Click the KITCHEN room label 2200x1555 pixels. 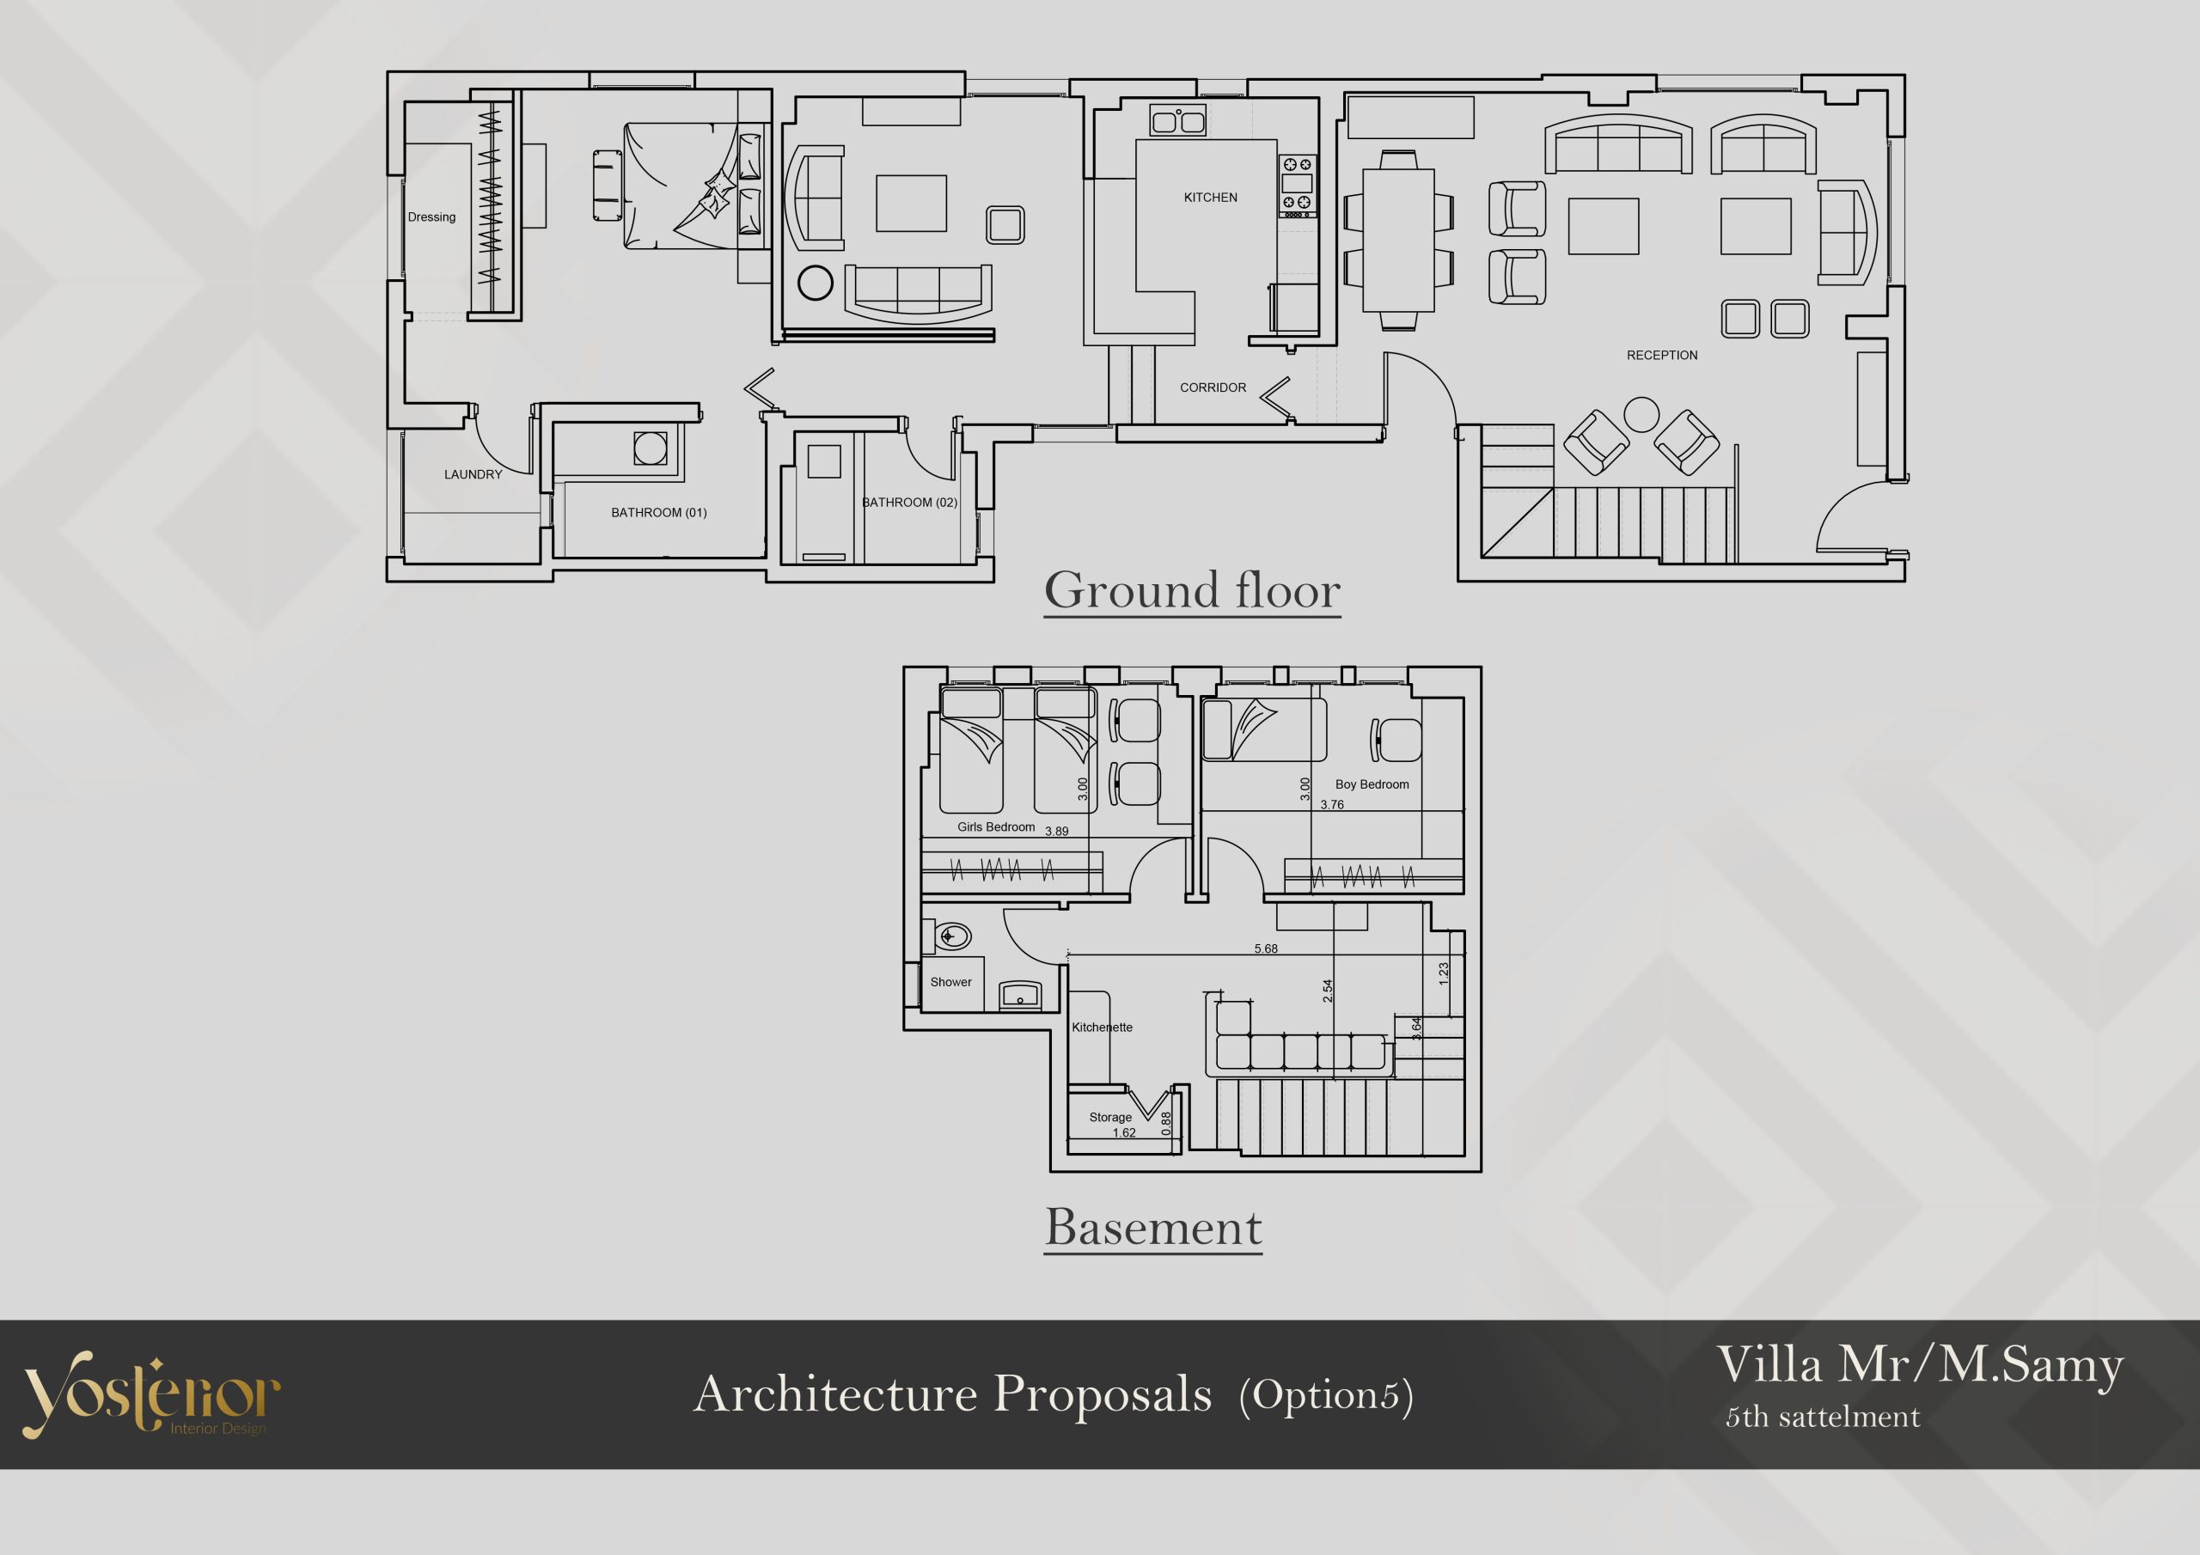click(1210, 198)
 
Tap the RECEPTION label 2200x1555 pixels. click(1661, 356)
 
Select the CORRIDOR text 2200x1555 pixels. click(1213, 388)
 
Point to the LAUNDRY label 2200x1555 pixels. click(473, 474)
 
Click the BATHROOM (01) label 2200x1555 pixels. click(659, 513)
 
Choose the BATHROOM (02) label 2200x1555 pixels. click(909, 502)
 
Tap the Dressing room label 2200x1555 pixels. click(431, 217)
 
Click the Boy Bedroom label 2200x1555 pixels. click(1372, 784)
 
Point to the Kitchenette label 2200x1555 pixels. click(1102, 1028)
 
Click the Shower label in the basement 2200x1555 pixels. click(950, 982)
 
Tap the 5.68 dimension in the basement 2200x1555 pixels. click(1266, 948)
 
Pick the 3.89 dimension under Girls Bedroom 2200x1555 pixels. click(1056, 831)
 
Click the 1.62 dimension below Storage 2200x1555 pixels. click(1124, 1132)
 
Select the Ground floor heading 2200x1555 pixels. click(1192, 590)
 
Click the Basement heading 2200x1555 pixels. click(1153, 1228)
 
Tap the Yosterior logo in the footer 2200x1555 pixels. click(151, 1394)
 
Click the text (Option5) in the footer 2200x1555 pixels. click(1326, 1395)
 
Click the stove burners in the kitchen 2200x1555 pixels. click(1298, 186)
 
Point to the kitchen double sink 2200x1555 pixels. click(1178, 121)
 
